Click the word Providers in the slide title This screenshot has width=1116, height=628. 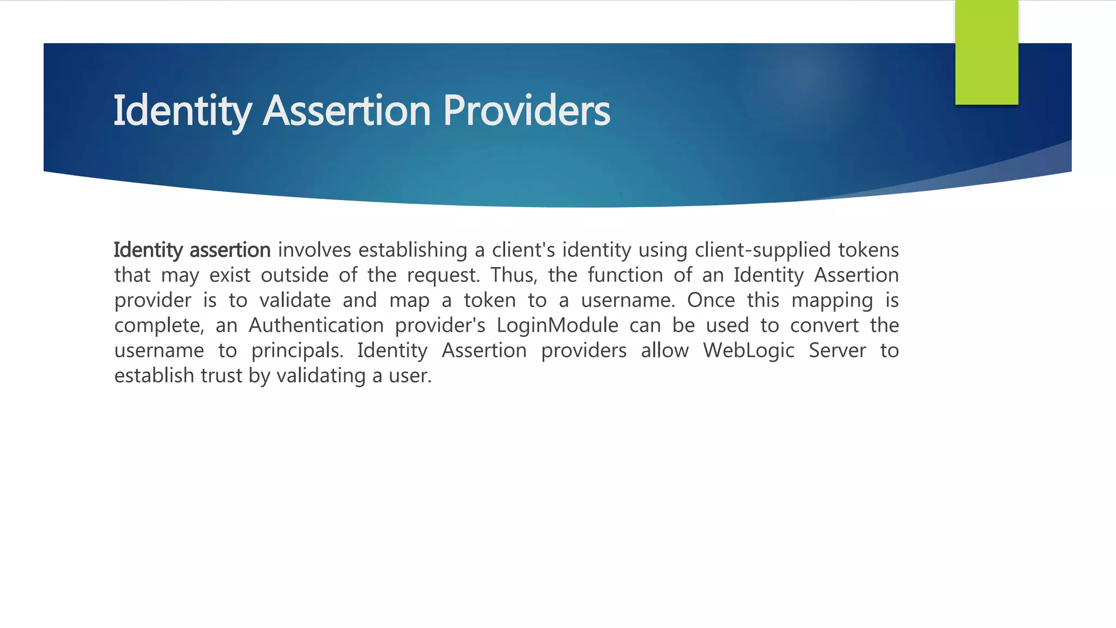click(x=526, y=111)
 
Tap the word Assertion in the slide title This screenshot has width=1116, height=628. click(x=347, y=111)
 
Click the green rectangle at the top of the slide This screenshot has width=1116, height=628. click(x=986, y=52)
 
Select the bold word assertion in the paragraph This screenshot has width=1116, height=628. click(x=230, y=250)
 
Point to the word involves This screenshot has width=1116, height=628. click(x=314, y=250)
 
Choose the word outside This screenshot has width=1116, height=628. click(x=294, y=275)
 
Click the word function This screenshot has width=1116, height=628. click(x=624, y=275)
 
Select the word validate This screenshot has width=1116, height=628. click(x=295, y=300)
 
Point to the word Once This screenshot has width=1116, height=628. click(x=711, y=300)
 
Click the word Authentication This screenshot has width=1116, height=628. click(x=316, y=325)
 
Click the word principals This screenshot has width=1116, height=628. click(x=297, y=351)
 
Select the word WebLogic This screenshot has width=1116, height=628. click(x=749, y=351)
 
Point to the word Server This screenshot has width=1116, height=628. click(x=837, y=351)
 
